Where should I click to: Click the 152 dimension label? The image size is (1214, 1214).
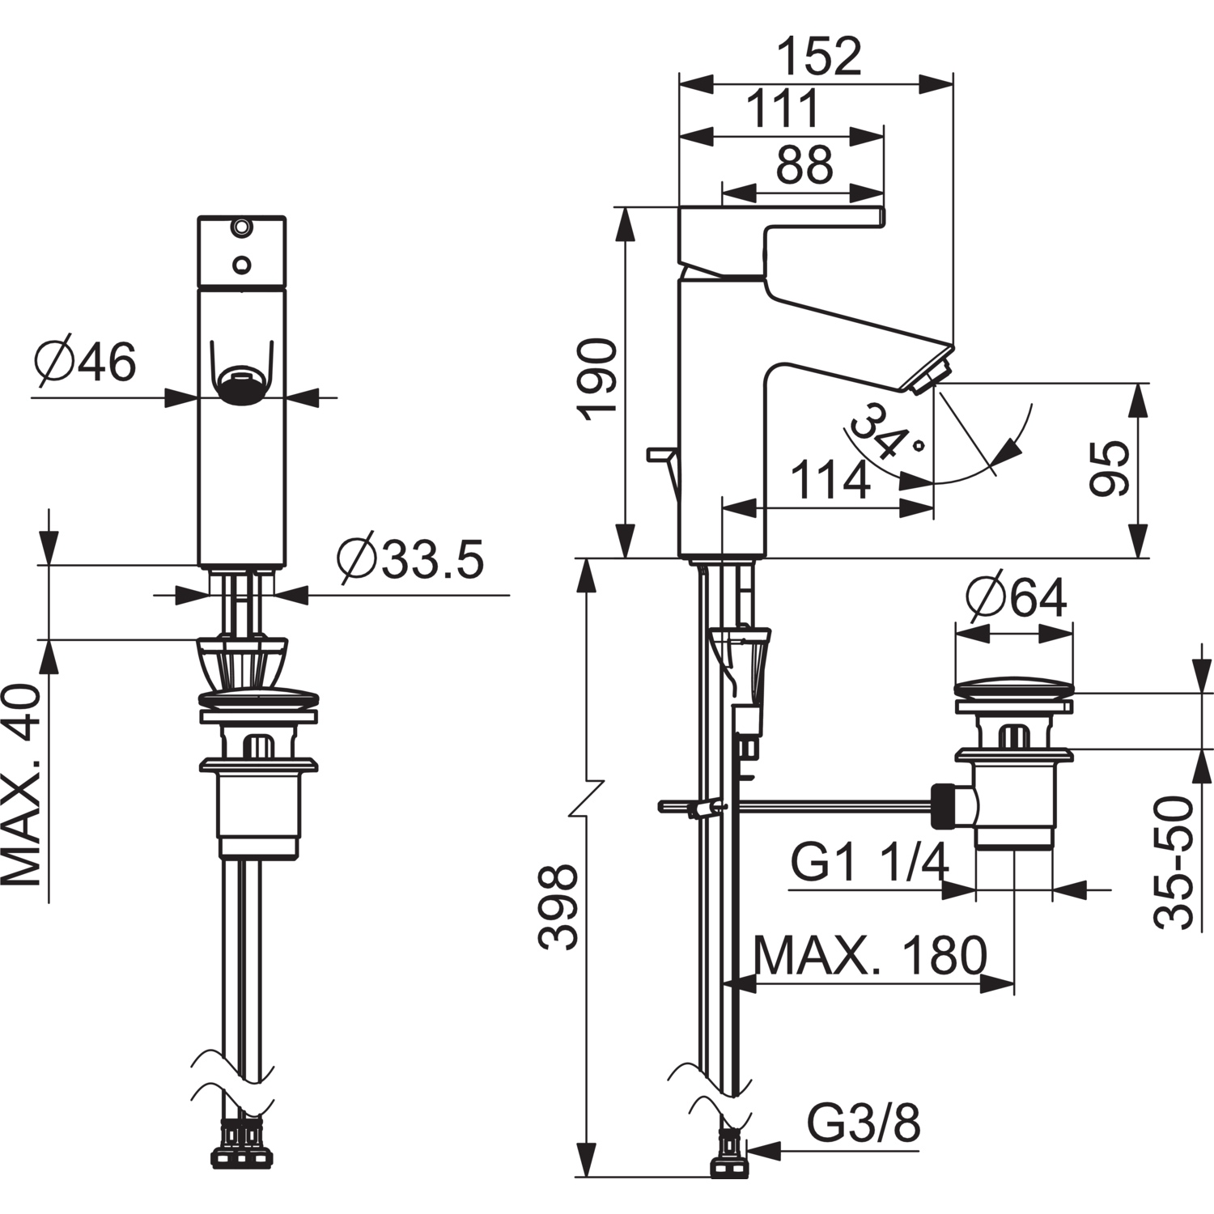(x=819, y=57)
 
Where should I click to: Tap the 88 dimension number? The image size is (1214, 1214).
(x=804, y=165)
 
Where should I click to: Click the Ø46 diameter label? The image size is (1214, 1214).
(x=86, y=362)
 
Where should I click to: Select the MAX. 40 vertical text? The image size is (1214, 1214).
(x=22, y=785)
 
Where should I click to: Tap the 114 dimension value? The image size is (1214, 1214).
(x=830, y=481)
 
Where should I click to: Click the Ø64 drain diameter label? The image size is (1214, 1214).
(x=1017, y=598)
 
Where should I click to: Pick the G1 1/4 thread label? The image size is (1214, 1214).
(x=868, y=864)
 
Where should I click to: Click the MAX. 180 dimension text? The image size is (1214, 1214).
(x=870, y=957)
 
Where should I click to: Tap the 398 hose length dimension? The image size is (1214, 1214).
(x=558, y=906)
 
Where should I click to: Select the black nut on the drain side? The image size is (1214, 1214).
(x=943, y=805)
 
